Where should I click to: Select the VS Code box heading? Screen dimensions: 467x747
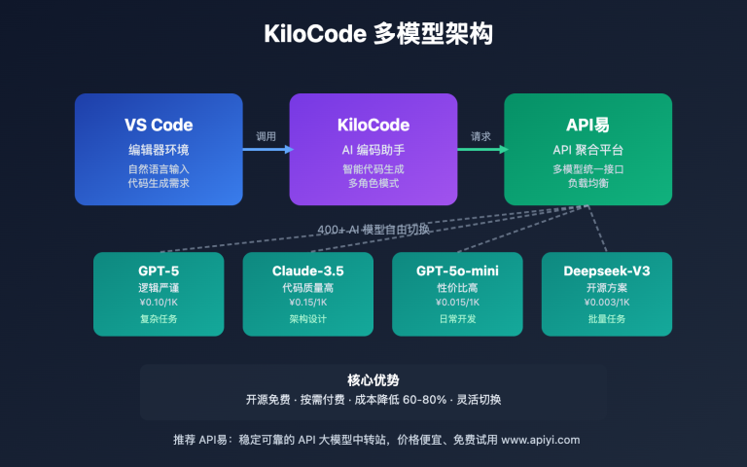159,125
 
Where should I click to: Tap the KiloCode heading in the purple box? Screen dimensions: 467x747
373,125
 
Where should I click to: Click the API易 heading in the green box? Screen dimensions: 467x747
587,125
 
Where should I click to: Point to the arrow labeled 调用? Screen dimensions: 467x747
266,149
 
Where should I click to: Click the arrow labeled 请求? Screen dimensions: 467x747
480,149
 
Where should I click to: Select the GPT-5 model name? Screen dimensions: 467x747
159,270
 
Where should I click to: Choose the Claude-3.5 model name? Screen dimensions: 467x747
307,270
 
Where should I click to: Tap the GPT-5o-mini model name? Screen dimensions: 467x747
456,270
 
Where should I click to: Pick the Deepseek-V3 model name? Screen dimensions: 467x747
605,270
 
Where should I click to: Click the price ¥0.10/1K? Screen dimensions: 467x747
159,302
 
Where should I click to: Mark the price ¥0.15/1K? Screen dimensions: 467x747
307,302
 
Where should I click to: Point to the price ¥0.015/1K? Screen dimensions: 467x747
456,302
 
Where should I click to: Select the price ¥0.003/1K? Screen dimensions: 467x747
605,302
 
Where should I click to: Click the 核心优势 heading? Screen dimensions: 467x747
373,380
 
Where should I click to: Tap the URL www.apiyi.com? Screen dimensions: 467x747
540,440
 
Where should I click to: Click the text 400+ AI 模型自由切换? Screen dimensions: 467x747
373,231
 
